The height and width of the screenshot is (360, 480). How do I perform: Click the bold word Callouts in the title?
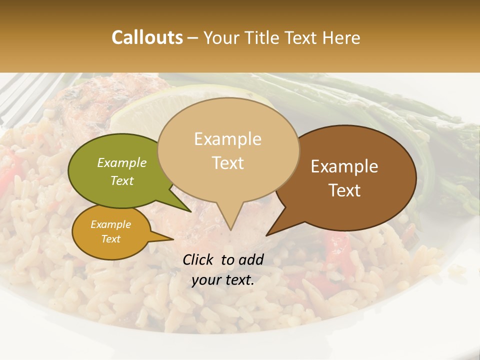point(147,37)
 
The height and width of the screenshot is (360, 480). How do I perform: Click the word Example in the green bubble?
point(122,162)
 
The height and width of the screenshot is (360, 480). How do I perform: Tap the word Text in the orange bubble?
point(110,239)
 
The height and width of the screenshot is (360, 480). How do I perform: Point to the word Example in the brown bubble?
point(344,166)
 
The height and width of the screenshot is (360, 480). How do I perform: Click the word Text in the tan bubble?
point(228,163)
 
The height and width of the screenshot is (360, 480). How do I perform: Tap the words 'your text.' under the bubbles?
point(223,280)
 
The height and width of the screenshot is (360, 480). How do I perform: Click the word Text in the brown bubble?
point(344,190)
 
